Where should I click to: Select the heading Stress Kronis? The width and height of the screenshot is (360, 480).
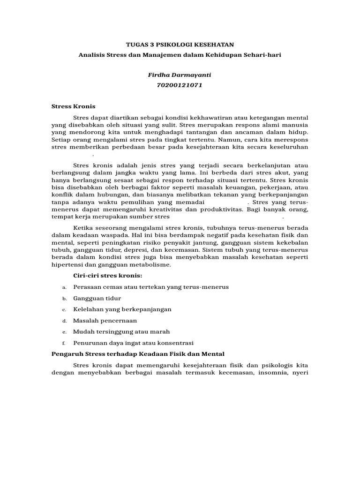point(73,106)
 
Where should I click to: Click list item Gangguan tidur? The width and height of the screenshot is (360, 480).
point(97,298)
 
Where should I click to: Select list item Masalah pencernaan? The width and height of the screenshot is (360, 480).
point(105,321)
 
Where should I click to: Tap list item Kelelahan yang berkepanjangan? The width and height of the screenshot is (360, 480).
point(122,309)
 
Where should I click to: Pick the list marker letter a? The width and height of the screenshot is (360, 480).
point(63,287)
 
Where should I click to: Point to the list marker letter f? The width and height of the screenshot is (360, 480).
point(63,343)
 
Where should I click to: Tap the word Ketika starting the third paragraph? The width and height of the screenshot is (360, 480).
point(84,227)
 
